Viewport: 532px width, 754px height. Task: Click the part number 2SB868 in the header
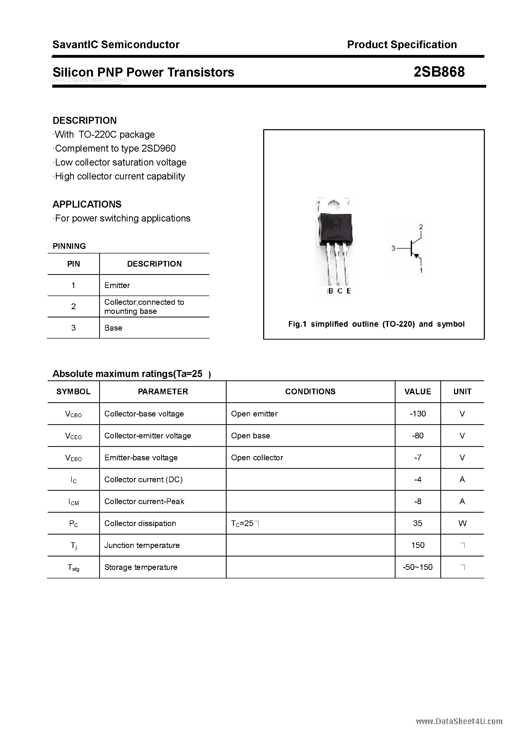coord(439,72)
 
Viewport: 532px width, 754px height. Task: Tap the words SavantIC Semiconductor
coord(116,44)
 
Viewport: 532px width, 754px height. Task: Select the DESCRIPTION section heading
coord(85,120)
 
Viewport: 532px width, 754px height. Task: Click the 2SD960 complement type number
coord(158,149)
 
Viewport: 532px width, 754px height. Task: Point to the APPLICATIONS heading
coord(87,204)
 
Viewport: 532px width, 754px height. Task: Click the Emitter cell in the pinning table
coord(117,285)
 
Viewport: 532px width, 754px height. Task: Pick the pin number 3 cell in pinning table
coord(73,328)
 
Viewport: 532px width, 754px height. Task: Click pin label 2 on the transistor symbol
coord(421,227)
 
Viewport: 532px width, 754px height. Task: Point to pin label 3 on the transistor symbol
coord(393,249)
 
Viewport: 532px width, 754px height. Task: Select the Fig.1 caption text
coord(376,324)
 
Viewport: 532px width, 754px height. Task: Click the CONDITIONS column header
coord(310,391)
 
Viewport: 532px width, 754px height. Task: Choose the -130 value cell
coord(417,414)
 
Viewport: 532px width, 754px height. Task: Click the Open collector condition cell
coord(257,457)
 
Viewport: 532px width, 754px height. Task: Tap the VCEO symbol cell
coord(73,436)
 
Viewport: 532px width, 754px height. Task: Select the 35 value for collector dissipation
coord(417,523)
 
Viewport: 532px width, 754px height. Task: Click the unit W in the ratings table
coord(462,523)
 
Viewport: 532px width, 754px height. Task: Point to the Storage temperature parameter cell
coord(141,567)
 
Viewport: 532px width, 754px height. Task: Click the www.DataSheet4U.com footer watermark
coord(459,721)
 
